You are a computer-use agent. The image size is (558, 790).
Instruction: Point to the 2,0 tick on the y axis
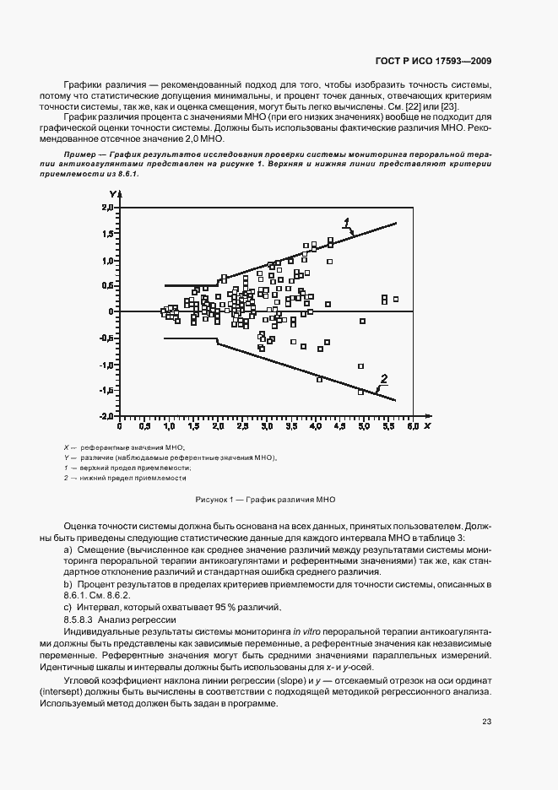tap(107, 207)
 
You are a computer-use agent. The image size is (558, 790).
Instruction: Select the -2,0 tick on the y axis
tap(106, 416)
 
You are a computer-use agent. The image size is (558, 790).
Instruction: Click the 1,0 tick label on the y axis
tap(107, 260)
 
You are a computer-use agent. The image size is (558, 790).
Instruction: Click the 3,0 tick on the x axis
tap(266, 428)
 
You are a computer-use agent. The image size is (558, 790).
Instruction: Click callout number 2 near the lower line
tap(384, 378)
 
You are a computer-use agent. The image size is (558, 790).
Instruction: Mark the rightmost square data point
tap(395, 299)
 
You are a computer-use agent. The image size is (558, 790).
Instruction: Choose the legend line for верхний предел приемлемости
tap(127, 468)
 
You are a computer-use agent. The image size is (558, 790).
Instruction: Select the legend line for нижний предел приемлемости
tap(125, 478)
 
